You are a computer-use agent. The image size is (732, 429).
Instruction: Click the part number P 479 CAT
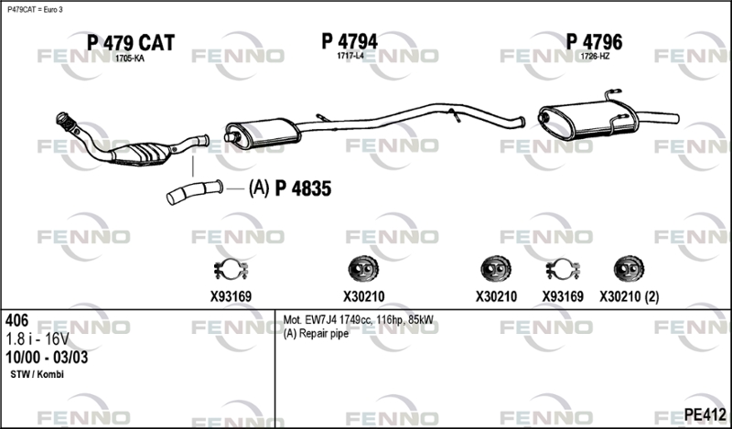click(x=131, y=43)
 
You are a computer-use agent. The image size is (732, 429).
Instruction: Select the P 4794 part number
click(x=350, y=41)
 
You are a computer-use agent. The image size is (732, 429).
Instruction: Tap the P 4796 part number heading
click(x=594, y=42)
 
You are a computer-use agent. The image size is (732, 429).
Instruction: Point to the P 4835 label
click(x=303, y=188)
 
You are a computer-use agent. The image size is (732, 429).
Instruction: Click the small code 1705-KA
click(x=130, y=59)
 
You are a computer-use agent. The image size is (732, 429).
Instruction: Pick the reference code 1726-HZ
click(x=595, y=57)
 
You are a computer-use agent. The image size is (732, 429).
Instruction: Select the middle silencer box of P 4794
click(x=264, y=133)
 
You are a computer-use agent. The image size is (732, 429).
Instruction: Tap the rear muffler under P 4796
click(x=587, y=120)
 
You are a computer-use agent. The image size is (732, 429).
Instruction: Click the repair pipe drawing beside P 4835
click(x=194, y=192)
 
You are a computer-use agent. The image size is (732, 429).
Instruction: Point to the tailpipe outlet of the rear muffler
click(x=659, y=118)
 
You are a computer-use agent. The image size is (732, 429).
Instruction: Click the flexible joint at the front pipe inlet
click(x=67, y=122)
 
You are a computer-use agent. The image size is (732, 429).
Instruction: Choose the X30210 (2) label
click(x=630, y=297)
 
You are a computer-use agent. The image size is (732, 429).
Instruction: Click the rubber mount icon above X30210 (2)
click(x=629, y=269)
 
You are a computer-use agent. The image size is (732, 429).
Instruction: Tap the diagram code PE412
click(x=705, y=414)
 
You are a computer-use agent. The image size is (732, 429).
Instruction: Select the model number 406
click(x=16, y=320)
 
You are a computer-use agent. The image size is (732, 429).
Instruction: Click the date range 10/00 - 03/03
click(x=47, y=358)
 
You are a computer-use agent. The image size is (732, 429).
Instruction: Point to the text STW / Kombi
click(x=37, y=374)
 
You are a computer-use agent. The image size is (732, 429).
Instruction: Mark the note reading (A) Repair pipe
click(x=316, y=334)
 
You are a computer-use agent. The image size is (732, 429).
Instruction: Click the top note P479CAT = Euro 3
click(x=35, y=10)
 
